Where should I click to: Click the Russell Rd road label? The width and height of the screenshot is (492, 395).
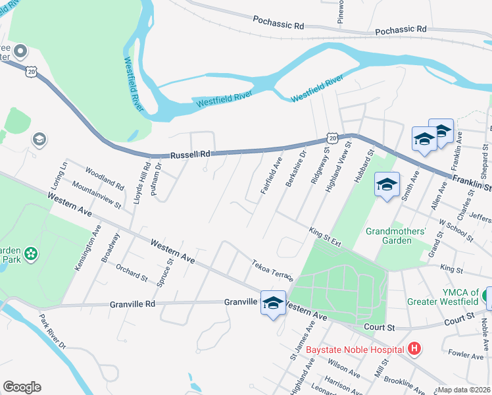(x=190, y=154)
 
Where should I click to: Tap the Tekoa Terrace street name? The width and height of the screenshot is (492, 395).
(x=272, y=269)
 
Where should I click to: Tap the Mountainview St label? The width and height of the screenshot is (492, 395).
(x=97, y=196)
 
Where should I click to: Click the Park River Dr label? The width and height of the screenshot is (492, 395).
(x=53, y=336)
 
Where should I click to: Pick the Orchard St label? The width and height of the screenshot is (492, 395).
(x=132, y=274)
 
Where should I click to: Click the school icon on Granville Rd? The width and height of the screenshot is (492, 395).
(x=273, y=303)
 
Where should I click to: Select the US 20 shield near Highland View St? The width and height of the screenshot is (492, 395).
(x=332, y=138)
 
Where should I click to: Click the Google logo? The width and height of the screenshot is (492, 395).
(x=22, y=387)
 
